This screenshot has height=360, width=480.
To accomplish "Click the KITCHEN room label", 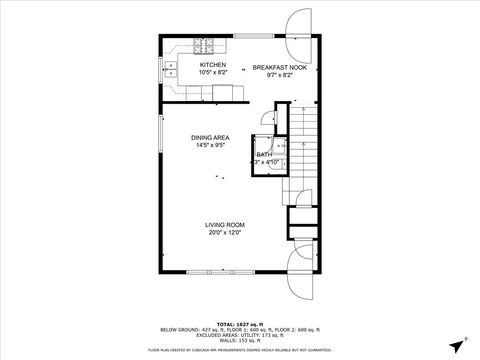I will click(213, 65).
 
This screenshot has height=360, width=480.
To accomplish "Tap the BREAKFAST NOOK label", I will click(272, 67).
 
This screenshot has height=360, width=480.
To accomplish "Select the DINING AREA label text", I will click(212, 137).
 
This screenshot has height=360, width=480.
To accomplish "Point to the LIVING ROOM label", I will click(225, 224).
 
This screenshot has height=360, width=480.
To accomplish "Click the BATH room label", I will click(264, 155).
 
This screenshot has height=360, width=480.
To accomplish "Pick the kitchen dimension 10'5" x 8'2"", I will click(213, 73).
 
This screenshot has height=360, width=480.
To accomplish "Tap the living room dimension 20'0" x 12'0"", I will click(225, 232).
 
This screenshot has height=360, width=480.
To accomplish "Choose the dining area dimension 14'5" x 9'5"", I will click(212, 145).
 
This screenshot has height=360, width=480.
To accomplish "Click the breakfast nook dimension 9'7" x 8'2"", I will click(272, 74).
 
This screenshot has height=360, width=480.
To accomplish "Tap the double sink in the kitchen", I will click(170, 69).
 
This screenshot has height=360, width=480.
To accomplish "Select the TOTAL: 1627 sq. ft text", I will click(239, 324).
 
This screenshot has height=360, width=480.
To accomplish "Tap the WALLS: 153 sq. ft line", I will click(239, 339).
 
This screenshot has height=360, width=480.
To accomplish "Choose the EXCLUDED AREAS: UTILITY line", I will click(239, 334).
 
